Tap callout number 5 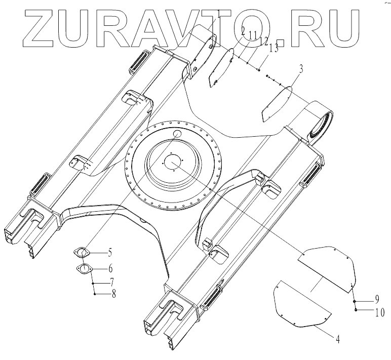[109, 252]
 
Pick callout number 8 [113, 294]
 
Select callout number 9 [377, 298]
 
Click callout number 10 [379, 312]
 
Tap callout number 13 [273, 49]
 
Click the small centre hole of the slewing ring [173, 163]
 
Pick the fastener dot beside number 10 [356, 308]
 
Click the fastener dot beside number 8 [94, 294]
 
